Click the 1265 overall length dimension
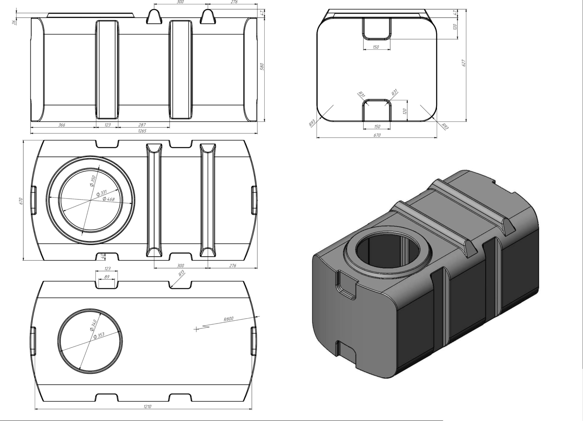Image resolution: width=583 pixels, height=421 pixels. (142, 131)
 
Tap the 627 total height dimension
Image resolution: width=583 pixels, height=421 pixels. (464, 63)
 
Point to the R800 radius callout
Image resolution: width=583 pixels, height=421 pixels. (228, 319)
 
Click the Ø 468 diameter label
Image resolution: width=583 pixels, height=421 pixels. (108, 199)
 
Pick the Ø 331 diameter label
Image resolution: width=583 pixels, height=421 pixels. (102, 193)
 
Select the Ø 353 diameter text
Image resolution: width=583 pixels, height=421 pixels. (99, 335)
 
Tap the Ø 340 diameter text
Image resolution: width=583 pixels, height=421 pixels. (93, 325)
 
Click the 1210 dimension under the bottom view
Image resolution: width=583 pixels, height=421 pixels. (147, 407)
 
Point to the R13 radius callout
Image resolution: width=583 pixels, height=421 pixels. (182, 274)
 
